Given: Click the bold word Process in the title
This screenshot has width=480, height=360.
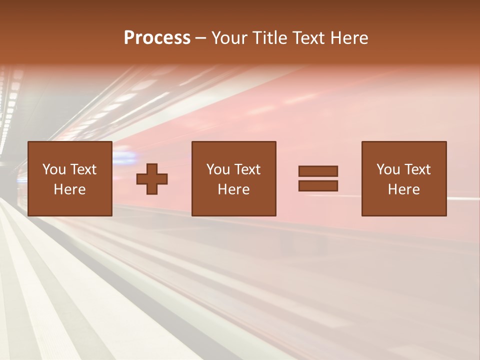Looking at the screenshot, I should [x=157, y=38].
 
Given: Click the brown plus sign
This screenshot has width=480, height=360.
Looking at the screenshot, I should [x=152, y=179].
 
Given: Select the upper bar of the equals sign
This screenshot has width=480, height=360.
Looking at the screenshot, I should [x=318, y=171].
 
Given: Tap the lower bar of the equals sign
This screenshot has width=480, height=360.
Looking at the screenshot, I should [x=318, y=186].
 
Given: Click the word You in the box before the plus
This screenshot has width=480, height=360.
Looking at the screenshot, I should [x=54, y=169].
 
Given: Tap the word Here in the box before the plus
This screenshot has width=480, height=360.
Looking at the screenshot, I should [x=69, y=189].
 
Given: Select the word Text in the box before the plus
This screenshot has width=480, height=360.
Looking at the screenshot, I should [x=82, y=169].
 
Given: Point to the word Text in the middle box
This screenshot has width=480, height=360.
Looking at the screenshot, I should [x=246, y=169].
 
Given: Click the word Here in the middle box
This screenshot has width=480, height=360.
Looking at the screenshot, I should [x=233, y=189].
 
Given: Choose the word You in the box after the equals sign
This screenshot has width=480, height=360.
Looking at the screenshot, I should [x=388, y=169].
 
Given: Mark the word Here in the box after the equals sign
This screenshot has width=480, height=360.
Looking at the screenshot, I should [x=403, y=189].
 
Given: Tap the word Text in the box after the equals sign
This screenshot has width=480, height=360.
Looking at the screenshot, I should [x=416, y=169].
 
